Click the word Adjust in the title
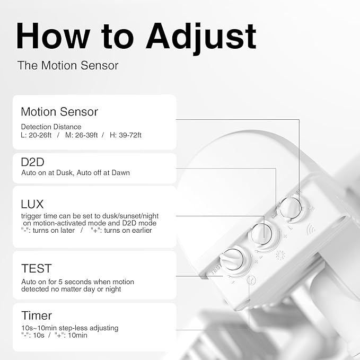coord(201,38)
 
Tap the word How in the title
coord(53,36)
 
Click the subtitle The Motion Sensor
coord(68,65)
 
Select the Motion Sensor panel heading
coord(59,112)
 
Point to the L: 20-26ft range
coord(36,135)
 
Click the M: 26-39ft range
coord(81,135)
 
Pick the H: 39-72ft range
coord(125,135)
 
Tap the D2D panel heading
coord(32,162)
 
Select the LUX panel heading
coord(32,204)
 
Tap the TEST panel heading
coord(37,268)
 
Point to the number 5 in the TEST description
coord(60,282)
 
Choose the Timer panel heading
coord(37,315)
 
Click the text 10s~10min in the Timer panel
coord(39,328)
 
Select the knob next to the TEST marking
coord(231,259)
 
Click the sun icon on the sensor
coord(280,256)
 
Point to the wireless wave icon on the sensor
coord(311,229)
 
